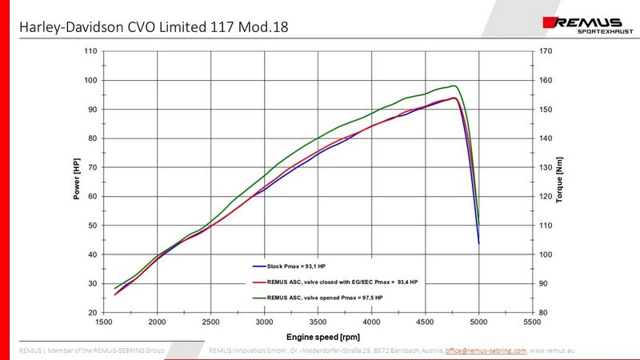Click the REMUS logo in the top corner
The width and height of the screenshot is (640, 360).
click(585, 23)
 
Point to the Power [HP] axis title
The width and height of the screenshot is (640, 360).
click(78, 181)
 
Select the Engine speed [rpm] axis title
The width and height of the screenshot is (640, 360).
click(318, 338)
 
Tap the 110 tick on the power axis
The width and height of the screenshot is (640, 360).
click(90, 51)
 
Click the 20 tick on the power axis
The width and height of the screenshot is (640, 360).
click(93, 312)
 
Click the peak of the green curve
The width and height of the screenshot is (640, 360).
click(454, 86)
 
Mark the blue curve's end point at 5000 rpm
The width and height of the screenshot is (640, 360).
click(478, 242)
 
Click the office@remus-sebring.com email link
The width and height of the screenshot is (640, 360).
click(486, 350)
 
